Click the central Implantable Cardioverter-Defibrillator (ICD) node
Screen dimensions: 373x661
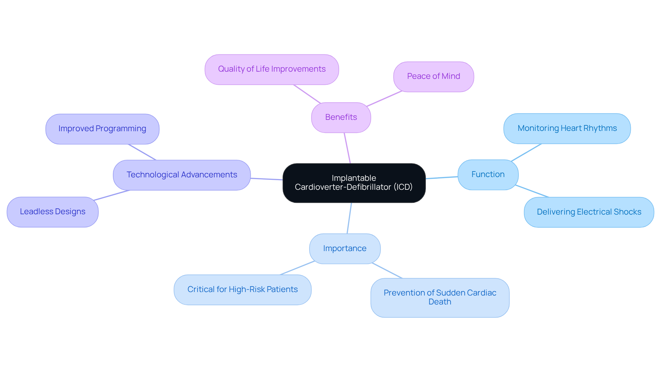pyautogui.click(x=354, y=183)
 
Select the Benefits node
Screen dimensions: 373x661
pyautogui.click(x=341, y=117)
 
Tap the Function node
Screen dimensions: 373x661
pyautogui.click(x=488, y=175)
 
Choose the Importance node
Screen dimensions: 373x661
pyautogui.click(x=345, y=249)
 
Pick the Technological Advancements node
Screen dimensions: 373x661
pyautogui.click(x=182, y=175)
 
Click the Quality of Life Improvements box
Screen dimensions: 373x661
pyautogui.click(x=272, y=69)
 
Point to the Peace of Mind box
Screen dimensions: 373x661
pyautogui.click(x=433, y=76)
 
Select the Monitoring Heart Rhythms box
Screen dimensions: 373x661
pyautogui.click(x=567, y=128)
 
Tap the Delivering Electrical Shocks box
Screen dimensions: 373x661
pyautogui.click(x=589, y=212)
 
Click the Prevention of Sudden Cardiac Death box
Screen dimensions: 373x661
pyautogui.click(x=440, y=298)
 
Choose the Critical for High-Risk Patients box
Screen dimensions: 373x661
pyautogui.click(x=242, y=290)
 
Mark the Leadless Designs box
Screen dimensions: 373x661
pyautogui.click(x=53, y=212)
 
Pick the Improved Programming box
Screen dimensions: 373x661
pyautogui.click(x=102, y=129)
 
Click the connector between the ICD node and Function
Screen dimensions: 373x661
pyautogui.click(x=442, y=178)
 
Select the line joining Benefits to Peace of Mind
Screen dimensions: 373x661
pyautogui.click(x=384, y=99)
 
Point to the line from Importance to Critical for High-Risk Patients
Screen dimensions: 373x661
pyautogui.click(x=297, y=268)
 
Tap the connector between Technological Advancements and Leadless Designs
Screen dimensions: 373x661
pyautogui.click(x=112, y=195)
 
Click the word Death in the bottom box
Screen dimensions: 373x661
pyautogui.click(x=440, y=302)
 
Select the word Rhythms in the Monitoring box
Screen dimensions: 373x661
pyautogui.click(x=600, y=128)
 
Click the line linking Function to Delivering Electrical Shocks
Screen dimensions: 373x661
pyautogui.click(x=532, y=191)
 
